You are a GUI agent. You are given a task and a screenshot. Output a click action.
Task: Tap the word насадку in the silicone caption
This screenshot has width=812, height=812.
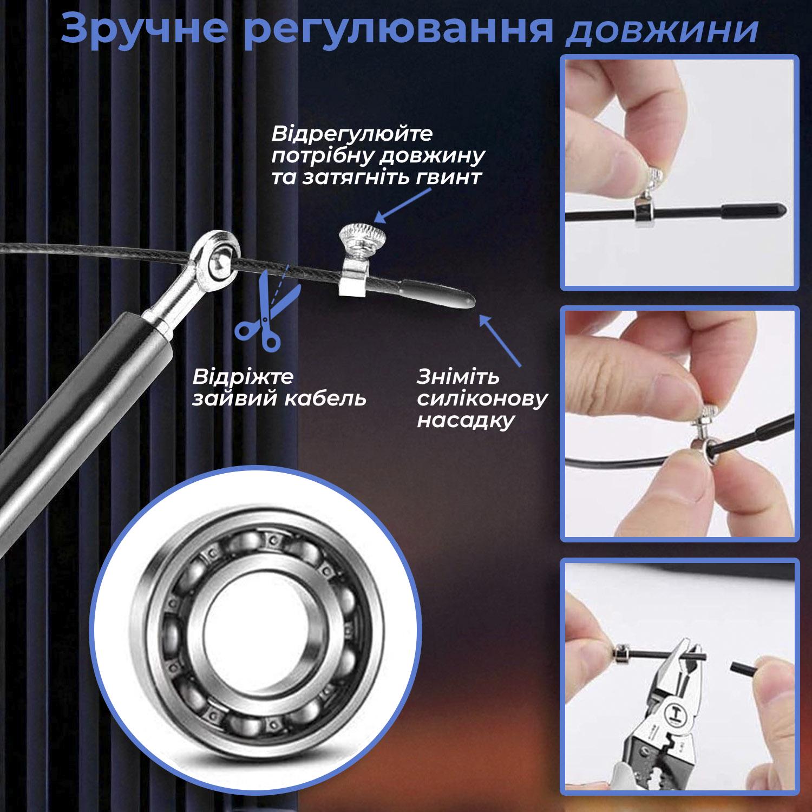point(465,421)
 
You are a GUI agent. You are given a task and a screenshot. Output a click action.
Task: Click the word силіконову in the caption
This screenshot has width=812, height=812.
point(482,400)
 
